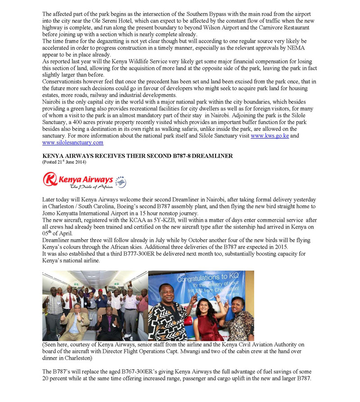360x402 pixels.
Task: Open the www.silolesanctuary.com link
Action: coord(73,142)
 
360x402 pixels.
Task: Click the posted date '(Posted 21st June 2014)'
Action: coord(64,162)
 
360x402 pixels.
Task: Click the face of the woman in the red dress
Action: coord(201,305)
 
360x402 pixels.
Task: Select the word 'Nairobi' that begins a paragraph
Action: coord(52,103)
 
